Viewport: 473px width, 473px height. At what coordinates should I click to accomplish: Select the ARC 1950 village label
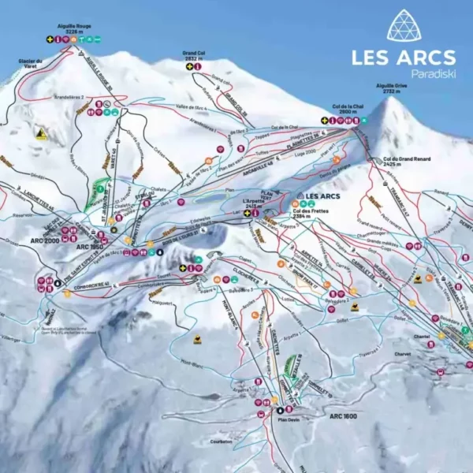[89, 247]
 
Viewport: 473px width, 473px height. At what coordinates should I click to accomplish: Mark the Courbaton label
[222, 442]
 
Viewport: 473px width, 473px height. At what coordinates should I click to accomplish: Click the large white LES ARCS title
[403, 57]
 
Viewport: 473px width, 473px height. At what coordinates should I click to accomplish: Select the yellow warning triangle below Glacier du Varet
[40, 135]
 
